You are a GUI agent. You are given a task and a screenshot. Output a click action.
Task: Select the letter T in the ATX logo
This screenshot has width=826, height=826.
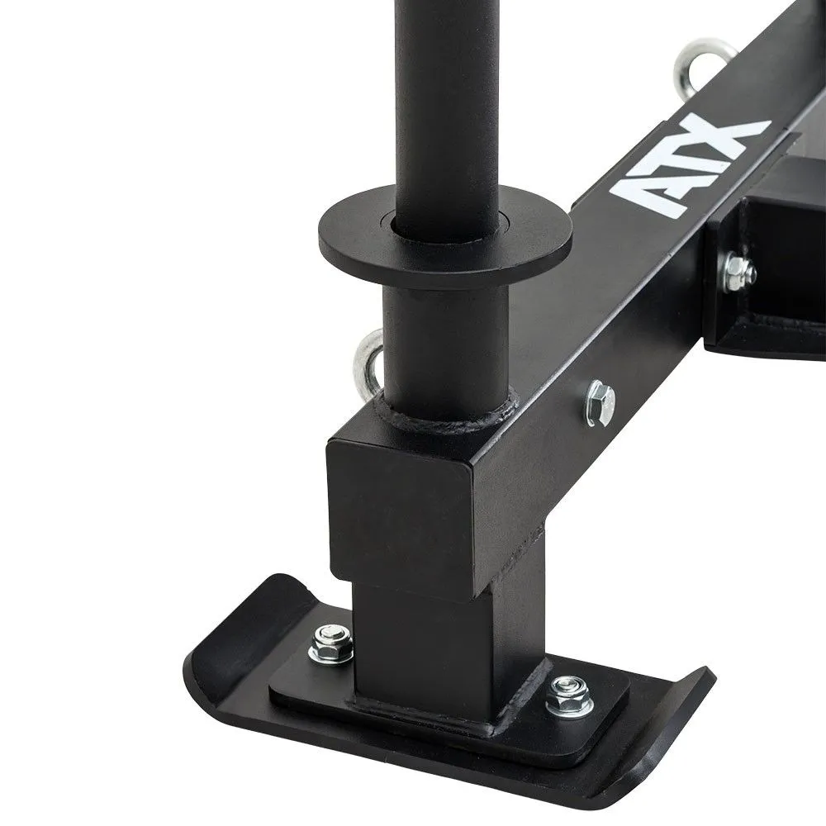682,169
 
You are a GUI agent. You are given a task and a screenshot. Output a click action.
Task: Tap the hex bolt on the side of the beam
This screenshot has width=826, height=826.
601,403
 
